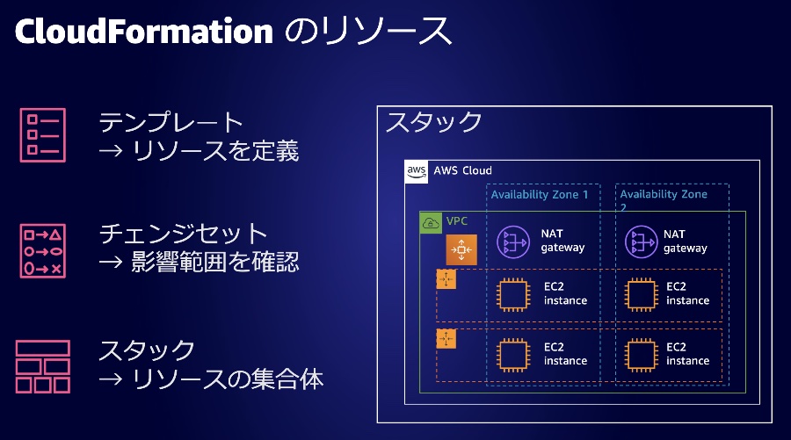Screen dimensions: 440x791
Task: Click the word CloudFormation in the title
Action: [x=144, y=32]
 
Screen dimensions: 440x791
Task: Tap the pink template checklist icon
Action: [x=42, y=134]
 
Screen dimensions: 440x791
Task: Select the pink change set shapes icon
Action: [x=42, y=250]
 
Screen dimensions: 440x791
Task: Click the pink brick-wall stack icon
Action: [x=42, y=366]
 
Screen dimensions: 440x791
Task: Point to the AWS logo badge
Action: [x=417, y=171]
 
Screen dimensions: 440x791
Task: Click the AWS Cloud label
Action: [x=463, y=170]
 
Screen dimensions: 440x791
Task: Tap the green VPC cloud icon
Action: [x=431, y=223]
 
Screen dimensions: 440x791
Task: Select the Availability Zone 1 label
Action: [x=540, y=194]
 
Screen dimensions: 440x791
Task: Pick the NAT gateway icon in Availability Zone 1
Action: [x=512, y=241]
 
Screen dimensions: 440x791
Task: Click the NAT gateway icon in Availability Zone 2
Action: [x=641, y=241]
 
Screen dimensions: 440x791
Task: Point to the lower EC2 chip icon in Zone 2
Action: [x=641, y=354]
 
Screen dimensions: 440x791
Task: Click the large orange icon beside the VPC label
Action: [x=460, y=250]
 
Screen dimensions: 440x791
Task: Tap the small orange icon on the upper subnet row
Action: [x=446, y=280]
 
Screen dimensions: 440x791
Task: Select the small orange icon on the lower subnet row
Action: [x=446, y=339]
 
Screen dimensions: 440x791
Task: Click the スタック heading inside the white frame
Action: [x=434, y=122]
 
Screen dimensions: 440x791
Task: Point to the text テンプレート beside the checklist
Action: [x=171, y=122]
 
